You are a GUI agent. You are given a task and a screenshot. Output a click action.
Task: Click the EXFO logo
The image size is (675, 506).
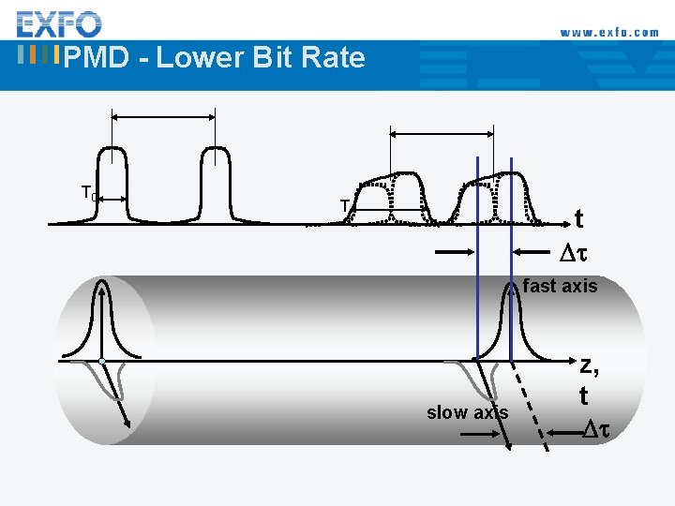(59, 23)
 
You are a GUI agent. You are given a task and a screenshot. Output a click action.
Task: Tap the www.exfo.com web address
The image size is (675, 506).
(609, 32)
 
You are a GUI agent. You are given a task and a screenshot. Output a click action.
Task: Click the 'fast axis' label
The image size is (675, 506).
(560, 287)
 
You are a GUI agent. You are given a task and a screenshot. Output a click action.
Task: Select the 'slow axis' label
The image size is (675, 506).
(467, 412)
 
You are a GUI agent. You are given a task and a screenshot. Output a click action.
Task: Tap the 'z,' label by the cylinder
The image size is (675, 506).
(589, 365)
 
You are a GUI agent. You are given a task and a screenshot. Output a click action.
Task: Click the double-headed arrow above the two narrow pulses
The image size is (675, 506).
(163, 117)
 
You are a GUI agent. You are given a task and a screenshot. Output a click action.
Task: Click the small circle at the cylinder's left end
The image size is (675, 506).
(100, 361)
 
